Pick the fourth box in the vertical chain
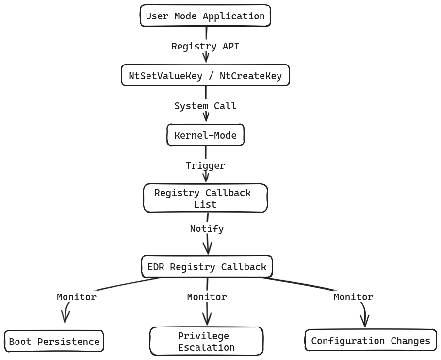205,197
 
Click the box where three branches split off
207,266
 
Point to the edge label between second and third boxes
206,106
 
